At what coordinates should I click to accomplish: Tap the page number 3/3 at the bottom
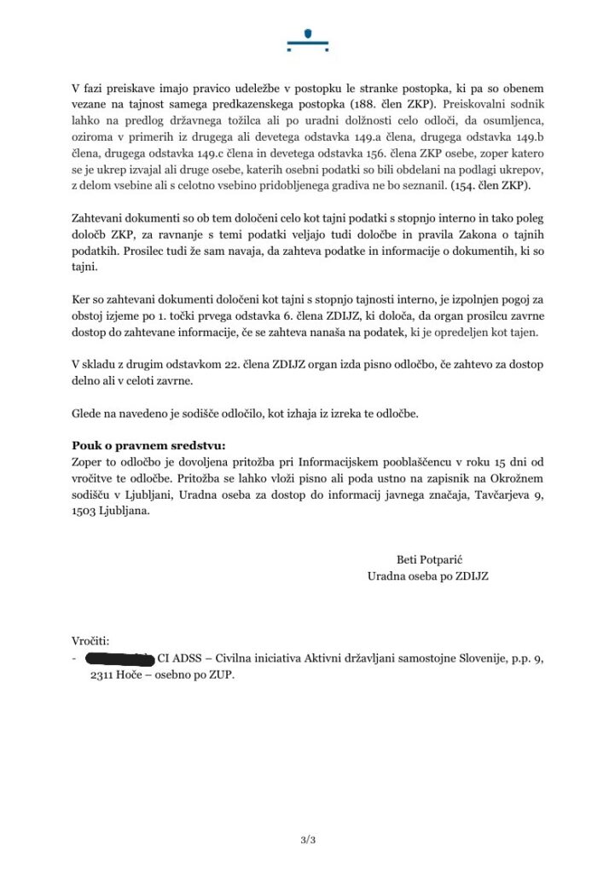click(x=307, y=840)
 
